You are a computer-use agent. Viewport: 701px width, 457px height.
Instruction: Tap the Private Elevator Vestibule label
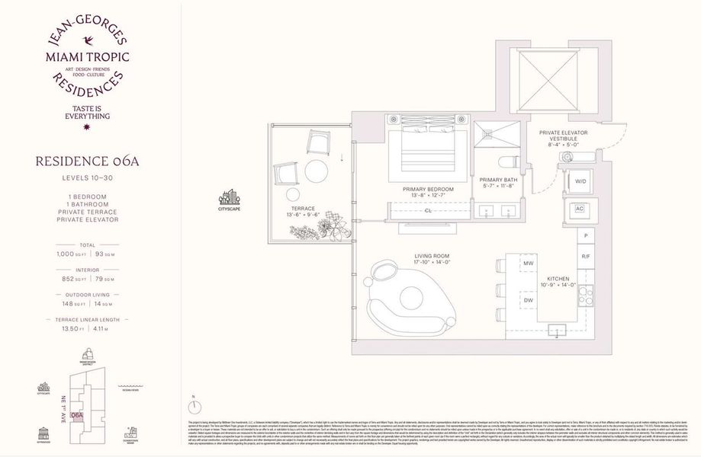[565, 136]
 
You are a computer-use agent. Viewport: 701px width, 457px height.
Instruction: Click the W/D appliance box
[580, 181]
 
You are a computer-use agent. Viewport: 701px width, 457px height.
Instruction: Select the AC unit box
[579, 208]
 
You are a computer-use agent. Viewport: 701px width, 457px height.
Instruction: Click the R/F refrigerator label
[586, 257]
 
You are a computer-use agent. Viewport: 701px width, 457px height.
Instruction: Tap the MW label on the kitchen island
[527, 264]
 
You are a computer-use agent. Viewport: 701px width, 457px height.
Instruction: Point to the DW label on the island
[527, 301]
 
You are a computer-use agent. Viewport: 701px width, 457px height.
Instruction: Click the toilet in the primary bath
[506, 161]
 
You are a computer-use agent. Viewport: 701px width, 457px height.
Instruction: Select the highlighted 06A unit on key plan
[77, 414]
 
